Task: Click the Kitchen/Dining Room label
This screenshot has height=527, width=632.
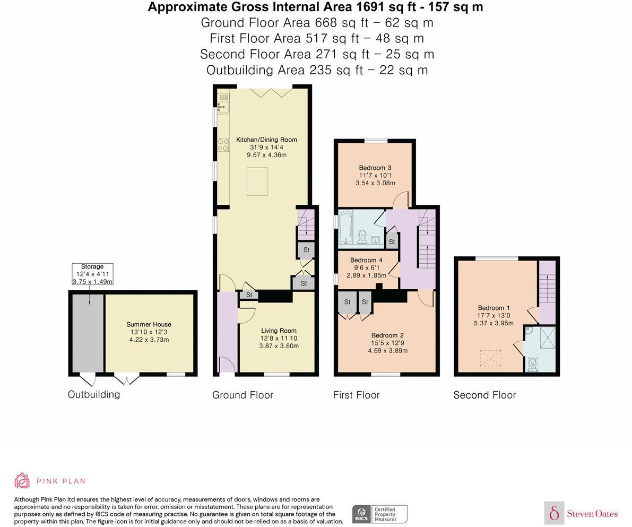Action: pos(266,140)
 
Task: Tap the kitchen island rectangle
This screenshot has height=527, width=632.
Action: pos(257,182)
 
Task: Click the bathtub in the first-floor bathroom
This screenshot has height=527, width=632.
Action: pos(345,229)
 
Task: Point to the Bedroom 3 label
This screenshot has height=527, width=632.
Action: pos(375,168)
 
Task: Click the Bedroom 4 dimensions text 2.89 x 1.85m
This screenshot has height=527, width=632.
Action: pos(366,275)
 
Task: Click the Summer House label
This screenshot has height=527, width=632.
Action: pos(149,324)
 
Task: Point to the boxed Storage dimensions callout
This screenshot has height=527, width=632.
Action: pos(92,274)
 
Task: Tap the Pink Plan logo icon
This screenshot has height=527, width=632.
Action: pos(22,481)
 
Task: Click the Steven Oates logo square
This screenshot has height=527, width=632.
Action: pos(554,513)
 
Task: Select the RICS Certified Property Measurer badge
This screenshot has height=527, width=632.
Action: pos(379,514)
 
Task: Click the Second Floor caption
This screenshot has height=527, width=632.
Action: pos(484,395)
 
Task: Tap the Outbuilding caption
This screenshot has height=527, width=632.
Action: pos(94,394)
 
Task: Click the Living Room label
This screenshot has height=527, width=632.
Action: pos(279,330)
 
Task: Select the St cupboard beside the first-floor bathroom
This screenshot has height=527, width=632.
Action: pos(392,241)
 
